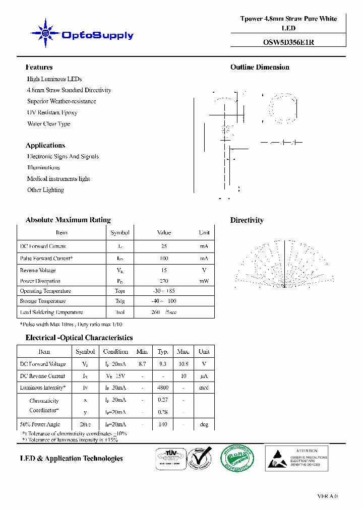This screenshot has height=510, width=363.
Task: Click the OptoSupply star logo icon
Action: (x=45, y=34)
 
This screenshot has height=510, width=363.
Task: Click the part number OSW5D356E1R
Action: (x=288, y=42)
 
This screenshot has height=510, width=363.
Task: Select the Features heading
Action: (x=39, y=67)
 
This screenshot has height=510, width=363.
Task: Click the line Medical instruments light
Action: (x=58, y=179)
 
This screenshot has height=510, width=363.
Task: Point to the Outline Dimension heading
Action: (x=260, y=67)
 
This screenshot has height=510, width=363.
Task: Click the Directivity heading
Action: (x=247, y=220)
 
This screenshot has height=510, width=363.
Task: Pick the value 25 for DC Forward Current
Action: (x=164, y=246)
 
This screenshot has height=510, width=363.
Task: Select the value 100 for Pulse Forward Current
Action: (x=164, y=259)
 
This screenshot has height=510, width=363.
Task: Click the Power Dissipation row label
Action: (x=40, y=281)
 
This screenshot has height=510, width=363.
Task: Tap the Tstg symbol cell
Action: (x=119, y=301)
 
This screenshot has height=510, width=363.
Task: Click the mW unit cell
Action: (x=204, y=281)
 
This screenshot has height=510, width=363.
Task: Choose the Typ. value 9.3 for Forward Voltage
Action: (x=163, y=364)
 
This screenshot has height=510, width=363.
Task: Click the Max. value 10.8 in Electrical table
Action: (x=183, y=364)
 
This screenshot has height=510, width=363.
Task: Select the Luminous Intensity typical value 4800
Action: (x=163, y=388)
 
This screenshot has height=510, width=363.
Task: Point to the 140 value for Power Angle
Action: (x=163, y=425)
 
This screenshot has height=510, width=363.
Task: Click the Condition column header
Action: (x=115, y=352)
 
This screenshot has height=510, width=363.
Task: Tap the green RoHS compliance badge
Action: (x=237, y=458)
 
